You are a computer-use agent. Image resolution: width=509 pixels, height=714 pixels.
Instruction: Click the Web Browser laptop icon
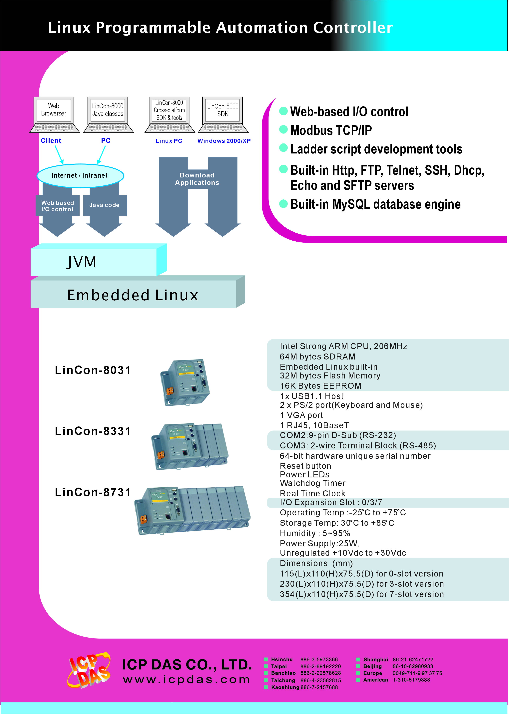pyautogui.click(x=54, y=115)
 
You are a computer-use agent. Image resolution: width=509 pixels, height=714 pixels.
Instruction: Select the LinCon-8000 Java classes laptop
pyautogui.click(x=108, y=115)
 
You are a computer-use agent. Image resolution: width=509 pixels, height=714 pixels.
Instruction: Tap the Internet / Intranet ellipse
pyautogui.click(x=80, y=175)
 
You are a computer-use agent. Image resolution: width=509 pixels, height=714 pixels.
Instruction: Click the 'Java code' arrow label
pyautogui.click(x=104, y=205)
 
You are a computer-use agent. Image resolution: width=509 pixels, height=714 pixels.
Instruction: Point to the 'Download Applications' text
pyautogui.click(x=197, y=179)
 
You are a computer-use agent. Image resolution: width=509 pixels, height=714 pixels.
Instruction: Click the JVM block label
pyautogui.click(x=82, y=262)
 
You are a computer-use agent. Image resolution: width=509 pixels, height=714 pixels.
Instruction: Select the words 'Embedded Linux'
pyautogui.click(x=133, y=295)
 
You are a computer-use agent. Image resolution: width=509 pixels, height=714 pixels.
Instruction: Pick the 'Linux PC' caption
pyautogui.click(x=169, y=141)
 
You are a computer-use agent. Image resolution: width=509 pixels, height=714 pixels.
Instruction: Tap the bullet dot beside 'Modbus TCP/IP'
pyautogui.click(x=283, y=129)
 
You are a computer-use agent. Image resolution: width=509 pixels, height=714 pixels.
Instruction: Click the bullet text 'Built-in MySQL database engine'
pyautogui.click(x=375, y=204)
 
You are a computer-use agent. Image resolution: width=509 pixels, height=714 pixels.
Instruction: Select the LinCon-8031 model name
pyautogui.click(x=93, y=370)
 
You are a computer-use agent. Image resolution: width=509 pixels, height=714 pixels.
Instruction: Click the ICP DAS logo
pyautogui.click(x=89, y=670)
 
